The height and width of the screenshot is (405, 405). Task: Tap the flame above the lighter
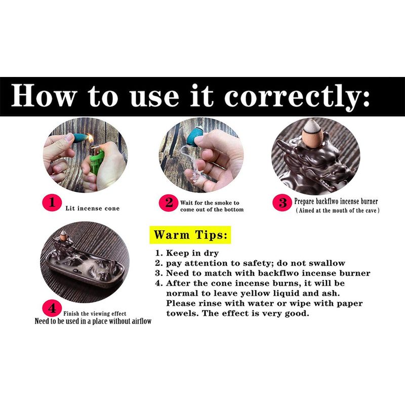pyautogui.click(x=91, y=139)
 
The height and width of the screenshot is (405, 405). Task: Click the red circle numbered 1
pyautogui.click(x=52, y=202)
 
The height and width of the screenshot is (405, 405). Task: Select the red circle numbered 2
pyautogui.click(x=169, y=203)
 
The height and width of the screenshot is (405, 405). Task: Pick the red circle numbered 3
pyautogui.click(x=282, y=202)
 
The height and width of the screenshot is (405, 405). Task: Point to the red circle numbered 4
pyautogui.click(x=52, y=308)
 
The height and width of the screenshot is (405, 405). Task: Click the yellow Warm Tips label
pyautogui.click(x=190, y=235)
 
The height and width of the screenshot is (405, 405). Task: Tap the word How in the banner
pyautogui.click(x=44, y=95)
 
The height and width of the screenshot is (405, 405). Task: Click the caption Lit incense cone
pyautogui.click(x=93, y=209)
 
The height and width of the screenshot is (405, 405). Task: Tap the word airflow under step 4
pyautogui.click(x=142, y=321)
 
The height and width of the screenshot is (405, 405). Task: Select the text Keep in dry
pyautogui.click(x=192, y=253)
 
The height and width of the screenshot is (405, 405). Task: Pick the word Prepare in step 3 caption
pyautogui.click(x=304, y=201)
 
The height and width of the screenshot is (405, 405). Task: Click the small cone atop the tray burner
pyautogui.click(x=63, y=234)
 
